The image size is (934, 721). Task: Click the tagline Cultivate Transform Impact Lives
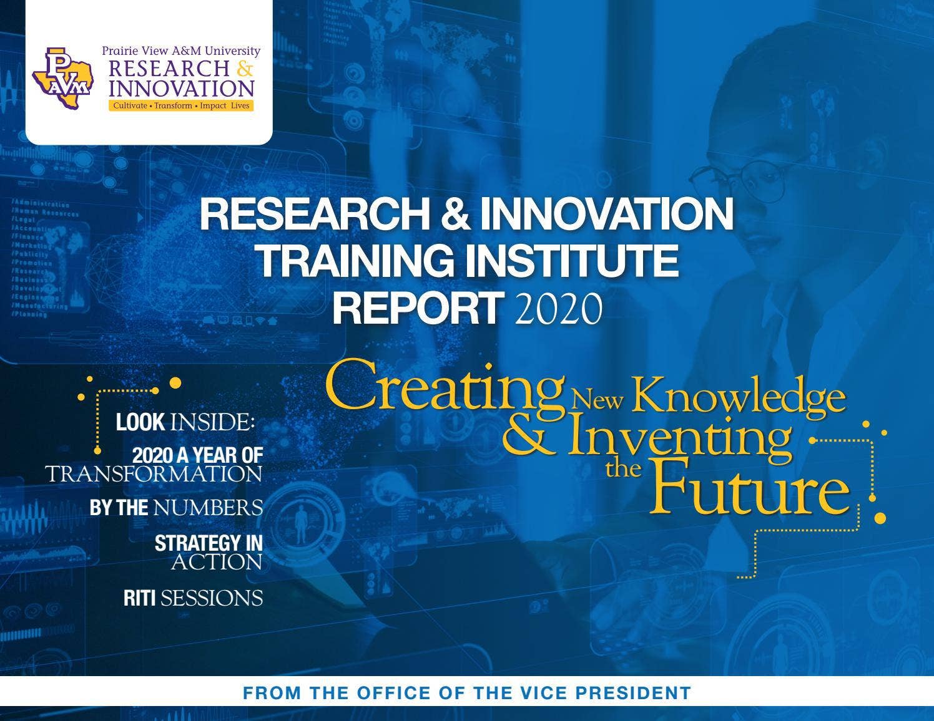pos(181,106)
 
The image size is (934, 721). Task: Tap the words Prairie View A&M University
pos(181,51)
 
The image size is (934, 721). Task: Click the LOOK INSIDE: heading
pos(185,422)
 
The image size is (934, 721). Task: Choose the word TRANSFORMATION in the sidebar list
pos(154,474)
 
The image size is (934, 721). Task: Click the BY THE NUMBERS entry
pos(176,508)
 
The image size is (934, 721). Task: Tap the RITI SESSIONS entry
pos(193,598)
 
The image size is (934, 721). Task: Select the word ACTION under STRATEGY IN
pos(217,563)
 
